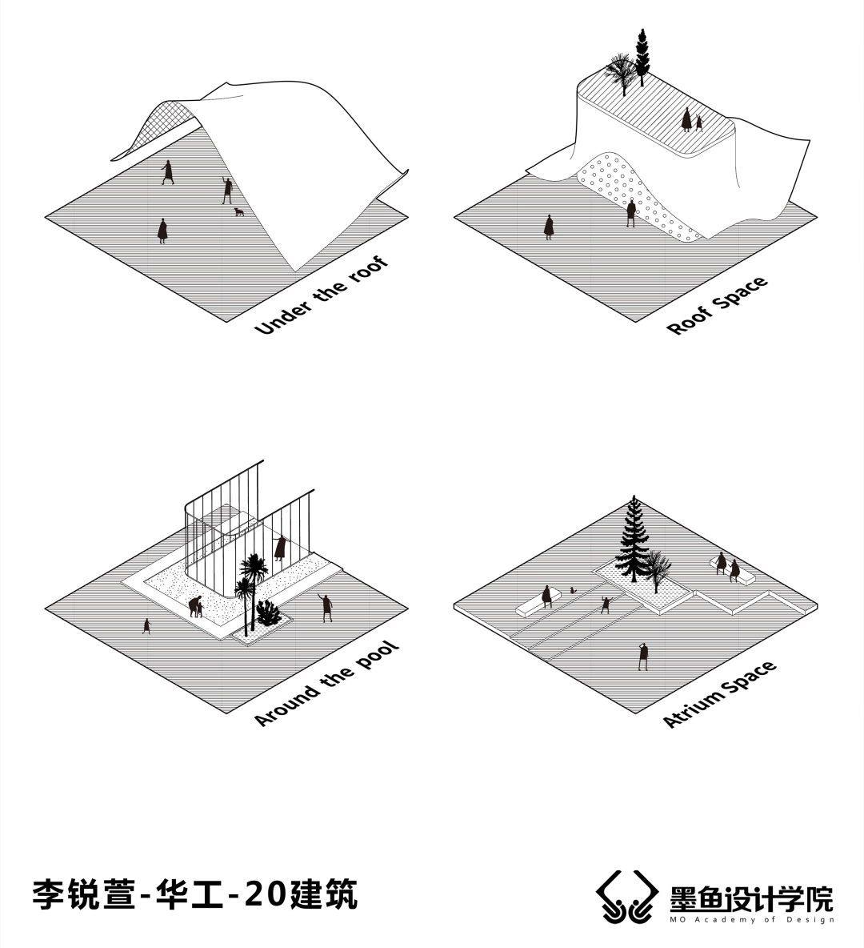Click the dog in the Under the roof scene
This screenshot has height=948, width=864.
(x=238, y=212)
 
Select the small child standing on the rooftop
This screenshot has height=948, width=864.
(x=699, y=123)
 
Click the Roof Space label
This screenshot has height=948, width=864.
(x=717, y=306)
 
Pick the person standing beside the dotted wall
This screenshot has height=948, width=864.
(x=631, y=213)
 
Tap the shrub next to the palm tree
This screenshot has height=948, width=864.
(x=268, y=614)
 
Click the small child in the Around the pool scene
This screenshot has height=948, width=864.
(x=146, y=625)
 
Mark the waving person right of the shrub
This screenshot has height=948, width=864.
(x=326, y=608)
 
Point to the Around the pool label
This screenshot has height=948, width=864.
(x=326, y=685)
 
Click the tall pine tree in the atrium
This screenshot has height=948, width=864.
(x=634, y=540)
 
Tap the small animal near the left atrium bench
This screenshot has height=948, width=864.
(x=573, y=591)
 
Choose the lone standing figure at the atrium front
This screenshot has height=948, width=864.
(x=642, y=656)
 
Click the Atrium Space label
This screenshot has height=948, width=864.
(x=720, y=694)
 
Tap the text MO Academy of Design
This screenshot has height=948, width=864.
(x=752, y=919)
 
